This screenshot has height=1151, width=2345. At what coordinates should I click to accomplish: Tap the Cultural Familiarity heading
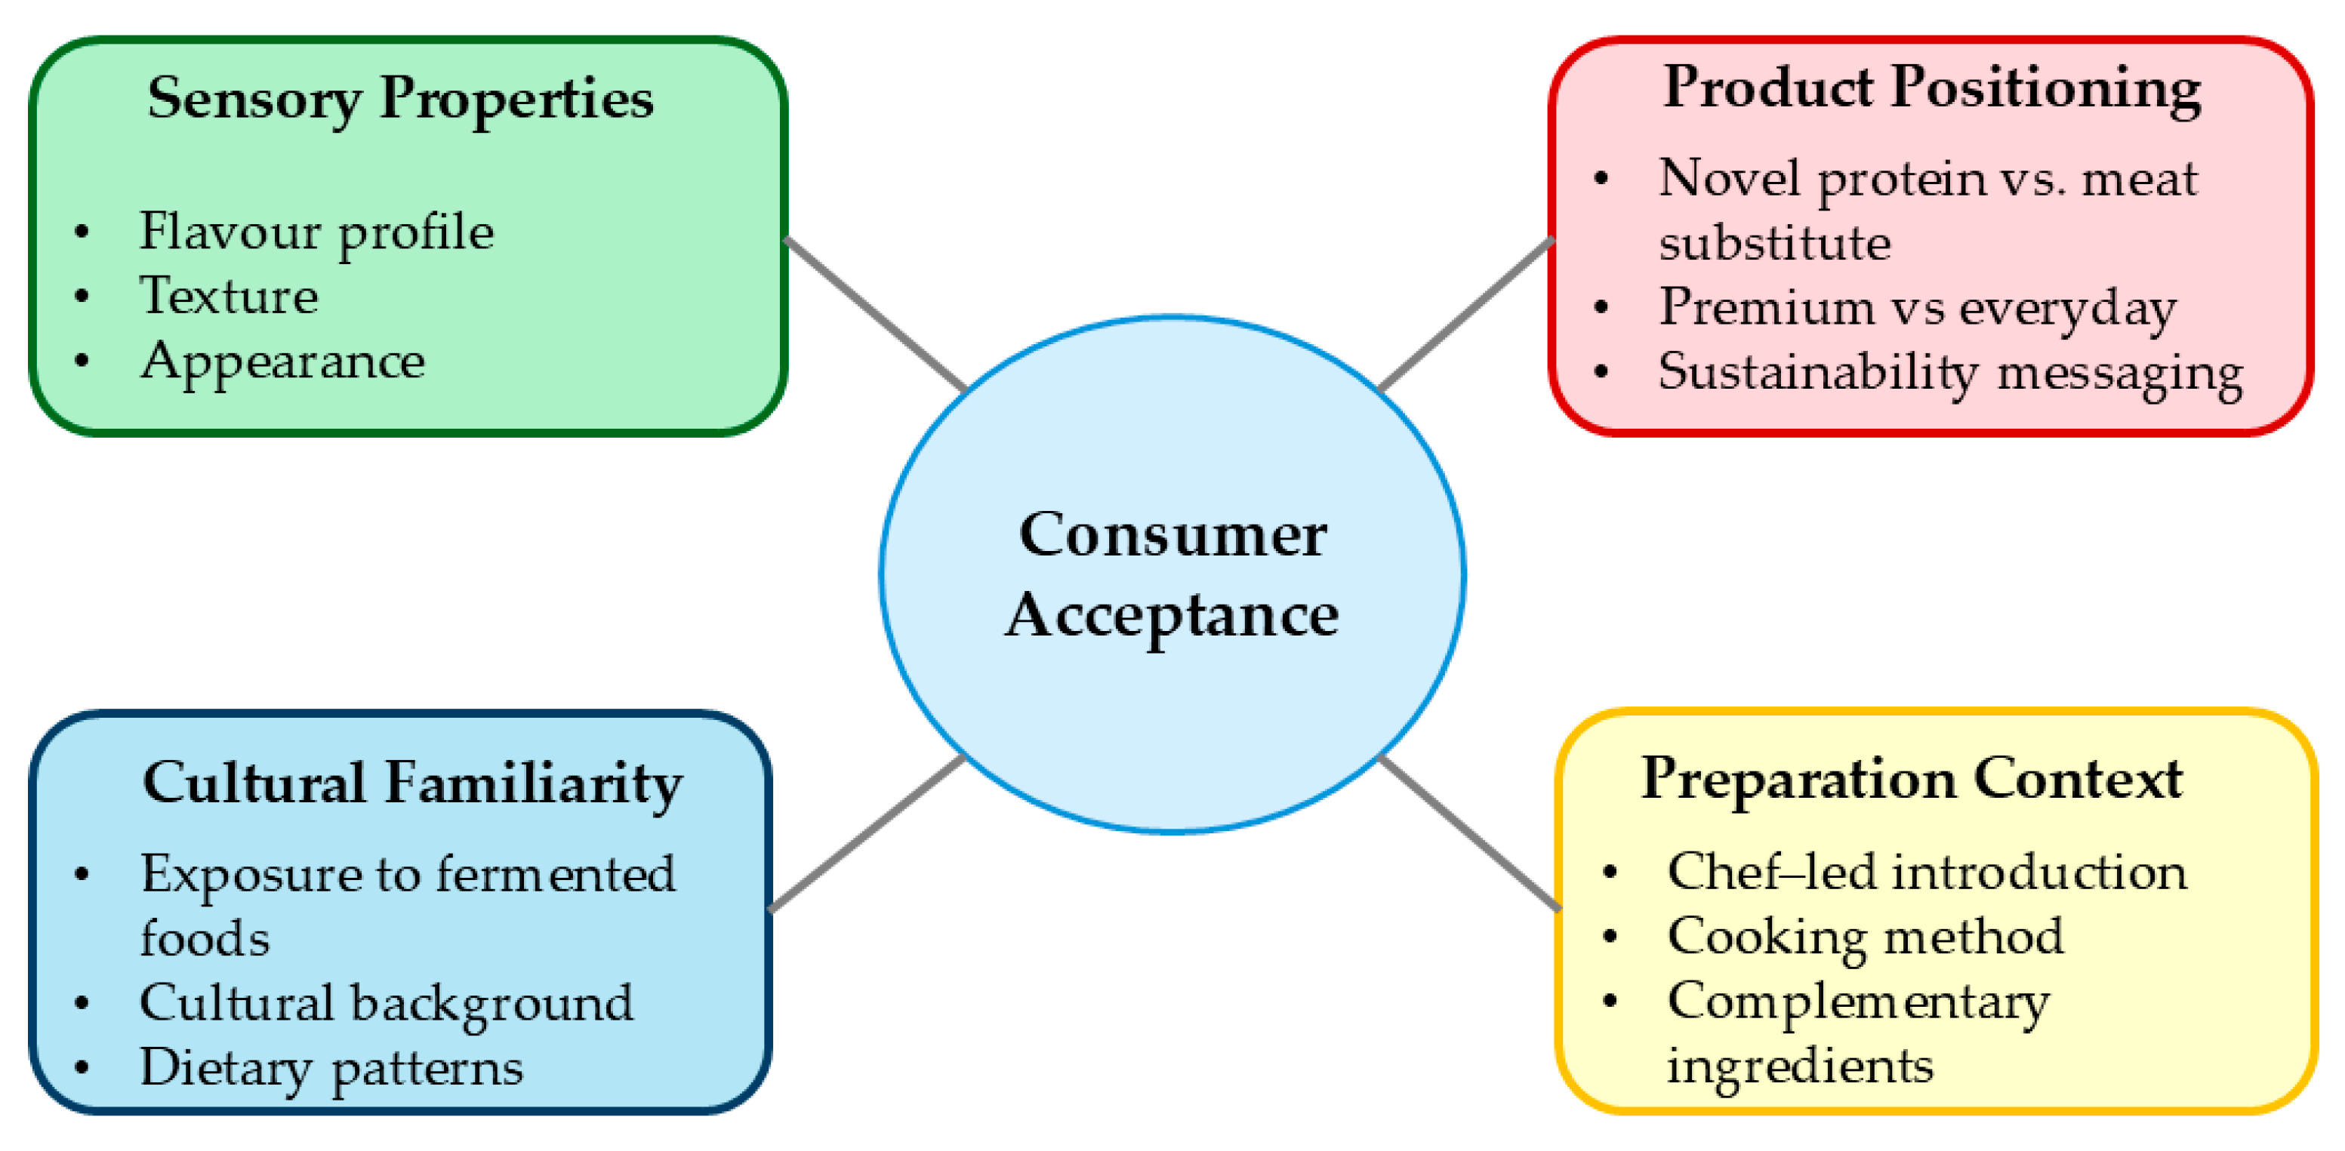coord(412,783)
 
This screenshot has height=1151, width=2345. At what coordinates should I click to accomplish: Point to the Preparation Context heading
coord(1912,780)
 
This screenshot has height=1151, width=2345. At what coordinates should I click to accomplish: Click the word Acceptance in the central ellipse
coord(1172,616)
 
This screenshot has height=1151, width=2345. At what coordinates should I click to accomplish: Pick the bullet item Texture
coord(229,297)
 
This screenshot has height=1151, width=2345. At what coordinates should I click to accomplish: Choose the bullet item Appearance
coord(282,362)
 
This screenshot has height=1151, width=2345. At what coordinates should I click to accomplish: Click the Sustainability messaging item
coord(1950,373)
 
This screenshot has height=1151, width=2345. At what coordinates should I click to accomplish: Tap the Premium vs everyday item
coord(1917,307)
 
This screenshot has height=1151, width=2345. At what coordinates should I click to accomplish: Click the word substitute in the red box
coord(1774,244)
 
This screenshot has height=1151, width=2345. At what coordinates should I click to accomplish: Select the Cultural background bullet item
coord(386,1004)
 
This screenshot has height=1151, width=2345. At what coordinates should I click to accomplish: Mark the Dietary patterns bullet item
coord(331,1068)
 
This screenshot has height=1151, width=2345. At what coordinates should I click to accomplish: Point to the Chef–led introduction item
coord(1926,872)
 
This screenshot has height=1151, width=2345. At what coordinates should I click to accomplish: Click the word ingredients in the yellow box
coord(1800,1066)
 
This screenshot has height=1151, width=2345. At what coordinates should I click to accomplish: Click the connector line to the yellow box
coord(1469,832)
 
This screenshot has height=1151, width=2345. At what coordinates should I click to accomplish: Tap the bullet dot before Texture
coord(82,297)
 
